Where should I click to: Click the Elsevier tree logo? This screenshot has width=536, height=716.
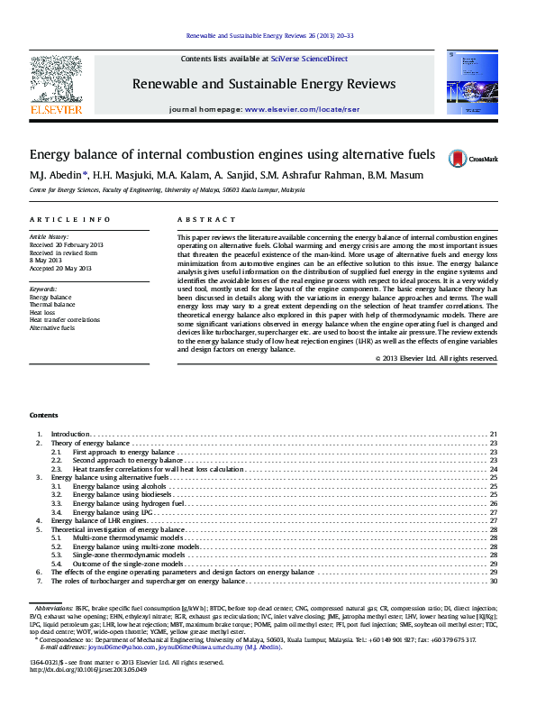point(59,81)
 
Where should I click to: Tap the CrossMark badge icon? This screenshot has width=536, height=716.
point(459,158)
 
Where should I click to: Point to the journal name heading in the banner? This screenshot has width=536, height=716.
point(264,84)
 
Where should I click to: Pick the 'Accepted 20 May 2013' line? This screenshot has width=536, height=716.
point(60,268)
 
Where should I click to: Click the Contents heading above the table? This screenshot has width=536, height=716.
point(43,415)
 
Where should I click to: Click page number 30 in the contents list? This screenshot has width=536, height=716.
point(494,581)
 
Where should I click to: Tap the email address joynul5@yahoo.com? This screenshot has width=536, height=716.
point(96,647)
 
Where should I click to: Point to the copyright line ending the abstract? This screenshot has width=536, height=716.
point(436,358)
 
